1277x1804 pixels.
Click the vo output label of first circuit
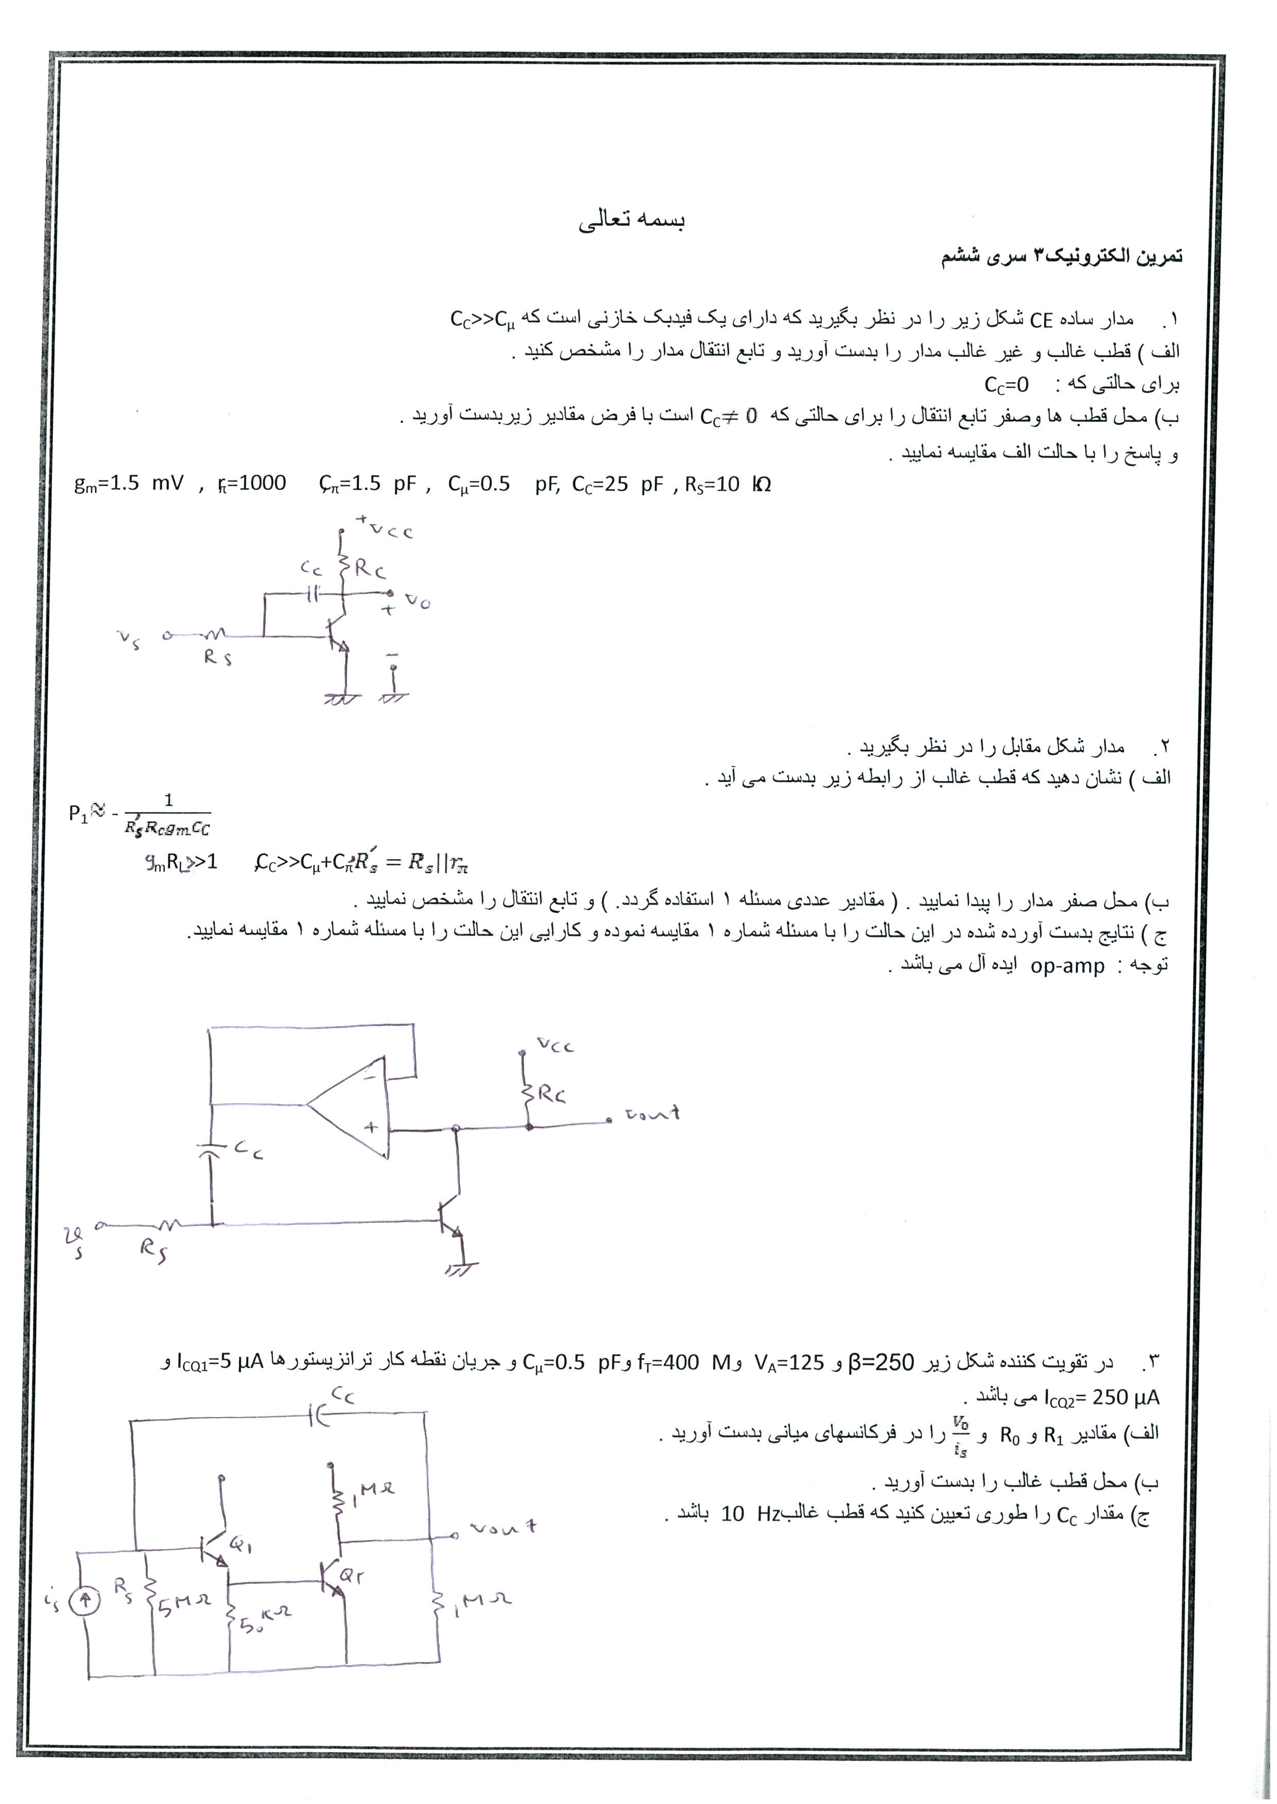point(418,602)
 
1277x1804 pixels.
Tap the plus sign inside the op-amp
point(370,1126)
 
